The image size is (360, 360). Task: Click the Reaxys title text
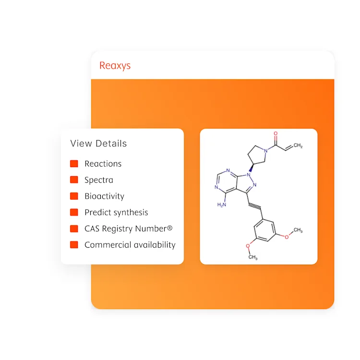[115, 66]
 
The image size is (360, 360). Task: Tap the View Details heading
[98, 144]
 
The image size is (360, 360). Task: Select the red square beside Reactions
[74, 164]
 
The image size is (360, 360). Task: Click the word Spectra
[99, 180]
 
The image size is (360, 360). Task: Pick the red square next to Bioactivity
[74, 196]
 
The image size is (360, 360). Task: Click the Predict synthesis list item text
[116, 212]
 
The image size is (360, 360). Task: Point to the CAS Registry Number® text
[128, 228]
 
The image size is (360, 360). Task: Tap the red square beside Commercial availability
[74, 245]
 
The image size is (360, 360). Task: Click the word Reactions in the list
[103, 164]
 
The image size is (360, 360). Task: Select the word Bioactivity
[104, 196]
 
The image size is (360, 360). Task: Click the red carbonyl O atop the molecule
[276, 134]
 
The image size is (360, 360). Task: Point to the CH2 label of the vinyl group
[298, 145]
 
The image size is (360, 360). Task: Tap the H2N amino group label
[222, 204]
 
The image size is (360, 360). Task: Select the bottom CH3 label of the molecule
[252, 258]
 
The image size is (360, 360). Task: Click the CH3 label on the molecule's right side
[298, 231]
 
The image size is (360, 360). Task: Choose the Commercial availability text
[130, 245]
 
